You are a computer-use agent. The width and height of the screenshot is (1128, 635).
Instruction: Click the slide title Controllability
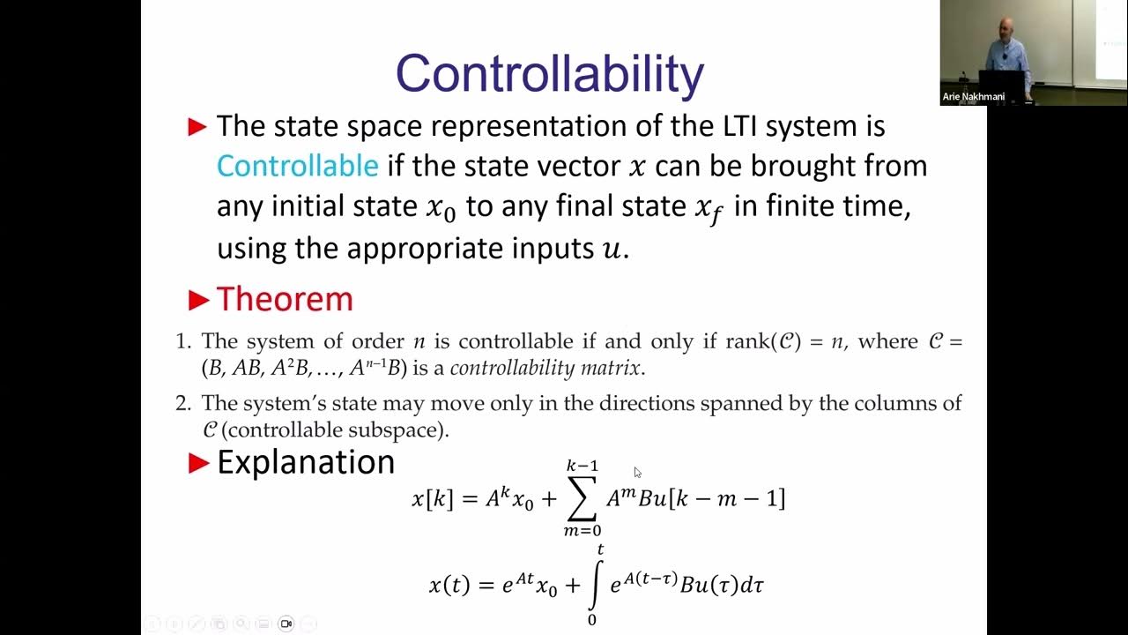tap(549, 74)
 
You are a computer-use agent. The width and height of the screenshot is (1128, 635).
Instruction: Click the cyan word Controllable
tap(297, 166)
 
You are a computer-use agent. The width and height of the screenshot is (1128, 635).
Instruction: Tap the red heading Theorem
tap(285, 299)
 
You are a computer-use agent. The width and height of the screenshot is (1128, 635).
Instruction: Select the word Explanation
tap(305, 462)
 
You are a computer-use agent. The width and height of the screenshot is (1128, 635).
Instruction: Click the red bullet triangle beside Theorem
tap(198, 301)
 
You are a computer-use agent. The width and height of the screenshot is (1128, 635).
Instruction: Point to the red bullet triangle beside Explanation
tap(198, 463)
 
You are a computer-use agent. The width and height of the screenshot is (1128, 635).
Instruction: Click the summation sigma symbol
tap(583, 498)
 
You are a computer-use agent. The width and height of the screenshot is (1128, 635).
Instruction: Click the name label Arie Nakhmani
tap(973, 97)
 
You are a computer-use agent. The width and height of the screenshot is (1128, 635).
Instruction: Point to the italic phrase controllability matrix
tap(546, 368)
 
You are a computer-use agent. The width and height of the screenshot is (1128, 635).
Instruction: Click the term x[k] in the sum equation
tap(432, 498)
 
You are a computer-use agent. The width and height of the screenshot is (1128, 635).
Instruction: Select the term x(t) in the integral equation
tap(449, 584)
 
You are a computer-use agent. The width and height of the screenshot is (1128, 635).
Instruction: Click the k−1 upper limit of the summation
tap(583, 466)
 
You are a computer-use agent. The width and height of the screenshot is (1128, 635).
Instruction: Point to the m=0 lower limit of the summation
tap(583, 531)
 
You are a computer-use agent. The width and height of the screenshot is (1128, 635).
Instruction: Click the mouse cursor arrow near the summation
tap(637, 473)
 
